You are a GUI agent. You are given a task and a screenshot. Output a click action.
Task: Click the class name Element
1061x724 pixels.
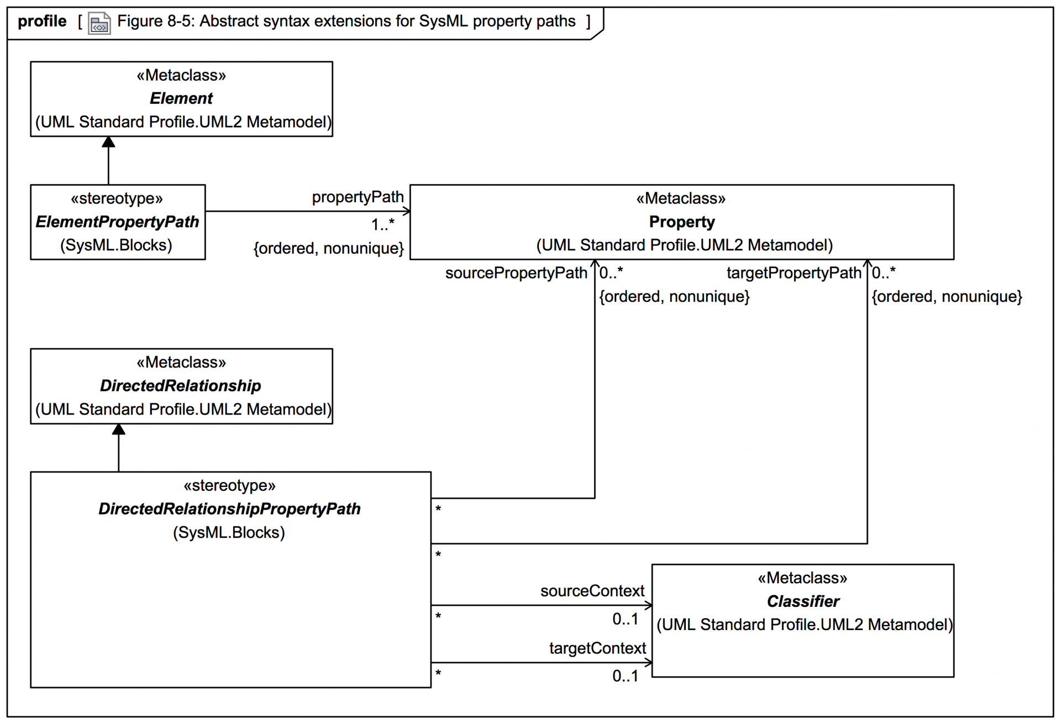(181, 98)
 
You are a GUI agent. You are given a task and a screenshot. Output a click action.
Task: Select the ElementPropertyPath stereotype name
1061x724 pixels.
(117, 222)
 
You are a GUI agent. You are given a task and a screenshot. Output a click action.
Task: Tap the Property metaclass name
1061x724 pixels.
(681, 222)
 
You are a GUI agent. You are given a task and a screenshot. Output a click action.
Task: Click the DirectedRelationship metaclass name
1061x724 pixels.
(181, 386)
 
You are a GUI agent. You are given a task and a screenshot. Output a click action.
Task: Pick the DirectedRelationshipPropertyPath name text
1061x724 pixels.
(229, 508)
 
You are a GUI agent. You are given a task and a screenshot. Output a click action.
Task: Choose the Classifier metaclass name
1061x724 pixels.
(802, 601)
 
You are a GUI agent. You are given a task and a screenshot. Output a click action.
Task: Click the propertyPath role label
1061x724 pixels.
(358, 197)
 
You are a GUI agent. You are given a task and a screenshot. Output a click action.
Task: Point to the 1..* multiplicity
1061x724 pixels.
(382, 224)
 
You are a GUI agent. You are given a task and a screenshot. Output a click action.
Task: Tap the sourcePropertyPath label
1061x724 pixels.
(516, 273)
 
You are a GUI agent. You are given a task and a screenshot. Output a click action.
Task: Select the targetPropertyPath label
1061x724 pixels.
(794, 273)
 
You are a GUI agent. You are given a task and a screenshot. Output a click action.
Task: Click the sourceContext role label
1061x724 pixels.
(592, 591)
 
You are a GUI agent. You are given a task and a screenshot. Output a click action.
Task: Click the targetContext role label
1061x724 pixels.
(597, 648)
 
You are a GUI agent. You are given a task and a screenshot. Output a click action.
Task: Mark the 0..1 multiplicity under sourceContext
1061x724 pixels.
(625, 619)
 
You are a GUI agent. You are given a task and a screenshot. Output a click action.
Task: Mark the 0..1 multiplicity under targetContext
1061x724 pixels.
(625, 676)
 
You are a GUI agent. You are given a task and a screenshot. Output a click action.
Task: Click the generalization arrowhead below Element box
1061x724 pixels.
(109, 142)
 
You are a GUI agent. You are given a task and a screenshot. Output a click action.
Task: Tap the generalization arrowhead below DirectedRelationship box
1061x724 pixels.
(119, 429)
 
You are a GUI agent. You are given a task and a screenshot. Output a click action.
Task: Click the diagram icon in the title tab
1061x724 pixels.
(99, 23)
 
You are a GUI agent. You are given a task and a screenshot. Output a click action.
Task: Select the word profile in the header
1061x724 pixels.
(42, 22)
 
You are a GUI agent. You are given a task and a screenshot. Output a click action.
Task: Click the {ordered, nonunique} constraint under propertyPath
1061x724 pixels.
(329, 248)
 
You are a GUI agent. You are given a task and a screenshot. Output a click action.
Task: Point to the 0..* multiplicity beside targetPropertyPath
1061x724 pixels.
(884, 272)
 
